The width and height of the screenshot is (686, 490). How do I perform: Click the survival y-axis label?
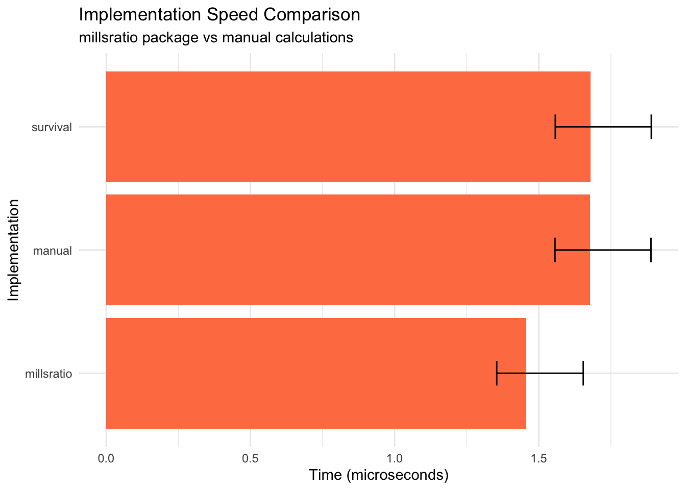pyautogui.click(x=52, y=128)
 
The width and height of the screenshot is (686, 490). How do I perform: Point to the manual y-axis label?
pyautogui.click(x=52, y=251)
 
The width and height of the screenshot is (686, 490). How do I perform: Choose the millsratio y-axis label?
pyautogui.click(x=48, y=374)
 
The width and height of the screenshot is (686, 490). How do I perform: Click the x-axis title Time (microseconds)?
pyautogui.click(x=379, y=476)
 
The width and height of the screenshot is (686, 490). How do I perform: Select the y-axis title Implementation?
pyautogui.click(x=14, y=250)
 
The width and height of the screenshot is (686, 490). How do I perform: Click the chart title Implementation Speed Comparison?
pyautogui.click(x=219, y=15)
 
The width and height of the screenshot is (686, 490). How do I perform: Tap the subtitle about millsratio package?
pyautogui.click(x=216, y=38)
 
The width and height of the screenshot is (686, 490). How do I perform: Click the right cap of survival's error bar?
pyautogui.click(x=651, y=127)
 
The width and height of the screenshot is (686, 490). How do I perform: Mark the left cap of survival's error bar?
pyautogui.click(x=555, y=127)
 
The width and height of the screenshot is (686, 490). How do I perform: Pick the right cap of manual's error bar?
pyautogui.click(x=651, y=250)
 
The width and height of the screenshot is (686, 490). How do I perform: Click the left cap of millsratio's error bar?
pyautogui.click(x=497, y=373)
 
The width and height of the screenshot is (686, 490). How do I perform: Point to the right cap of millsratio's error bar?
pyautogui.click(x=583, y=373)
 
